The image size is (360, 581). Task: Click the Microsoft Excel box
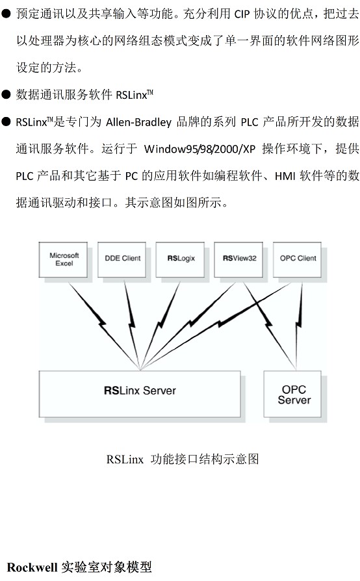coord(63,260)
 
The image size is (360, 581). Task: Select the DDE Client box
coord(122,260)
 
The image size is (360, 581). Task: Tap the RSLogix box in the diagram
coord(180,260)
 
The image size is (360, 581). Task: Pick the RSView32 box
coord(238,260)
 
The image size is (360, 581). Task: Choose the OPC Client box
coord(297,260)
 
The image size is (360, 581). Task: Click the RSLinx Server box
coord(140,394)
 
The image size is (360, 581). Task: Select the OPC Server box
coord(292,394)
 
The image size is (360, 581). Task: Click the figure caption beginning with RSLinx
coord(182,459)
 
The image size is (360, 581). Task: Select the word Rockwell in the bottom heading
coord(32,567)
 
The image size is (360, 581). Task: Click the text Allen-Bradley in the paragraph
coord(139,122)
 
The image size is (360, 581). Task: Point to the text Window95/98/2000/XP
coord(200,149)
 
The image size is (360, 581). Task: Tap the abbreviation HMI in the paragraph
coord(285,176)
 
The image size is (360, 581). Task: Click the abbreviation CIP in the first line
coord(242,14)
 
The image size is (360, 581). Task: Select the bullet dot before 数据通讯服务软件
coord(6,94)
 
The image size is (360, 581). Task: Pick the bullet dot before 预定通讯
coord(6,14)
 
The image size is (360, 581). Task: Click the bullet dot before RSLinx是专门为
coord(6,122)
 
